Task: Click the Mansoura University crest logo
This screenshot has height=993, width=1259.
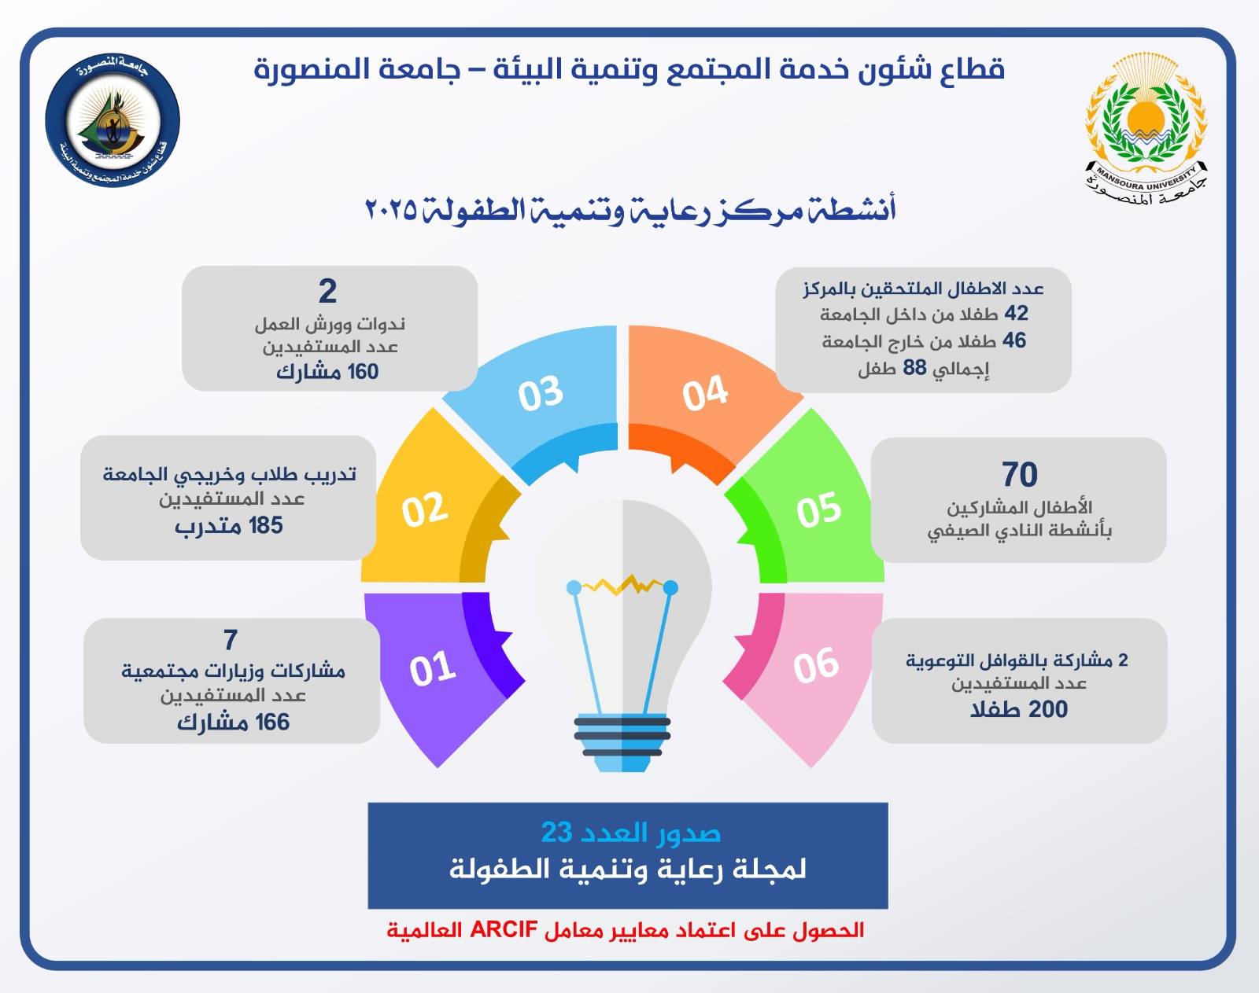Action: (x=1146, y=129)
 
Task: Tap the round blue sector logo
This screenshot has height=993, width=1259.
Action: (x=113, y=120)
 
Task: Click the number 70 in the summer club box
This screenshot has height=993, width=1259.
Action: (x=1019, y=474)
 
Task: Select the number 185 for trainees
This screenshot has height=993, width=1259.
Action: (x=266, y=525)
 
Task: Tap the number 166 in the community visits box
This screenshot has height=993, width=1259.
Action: (x=272, y=722)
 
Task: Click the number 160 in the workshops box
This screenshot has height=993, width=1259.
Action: (x=363, y=371)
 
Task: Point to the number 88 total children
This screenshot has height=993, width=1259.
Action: (x=914, y=368)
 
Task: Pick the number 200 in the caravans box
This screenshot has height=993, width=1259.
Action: (x=1048, y=709)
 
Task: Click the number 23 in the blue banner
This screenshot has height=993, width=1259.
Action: (x=556, y=833)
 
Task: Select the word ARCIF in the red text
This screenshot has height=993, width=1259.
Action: (x=504, y=930)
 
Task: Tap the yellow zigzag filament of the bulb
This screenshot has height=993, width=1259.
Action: (x=622, y=584)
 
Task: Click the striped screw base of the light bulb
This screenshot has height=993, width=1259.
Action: (x=622, y=742)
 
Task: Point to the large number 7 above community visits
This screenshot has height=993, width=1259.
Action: (x=231, y=639)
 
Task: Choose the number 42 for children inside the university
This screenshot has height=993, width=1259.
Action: (x=1016, y=313)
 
